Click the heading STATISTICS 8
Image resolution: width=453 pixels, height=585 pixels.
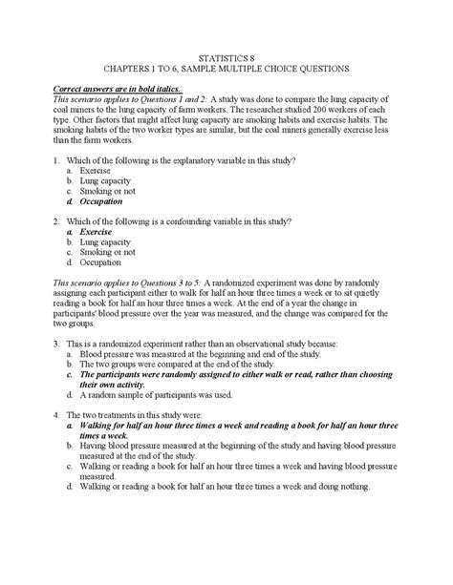click(226, 56)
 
